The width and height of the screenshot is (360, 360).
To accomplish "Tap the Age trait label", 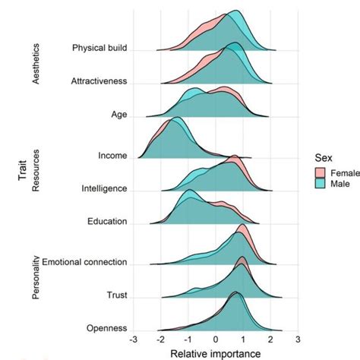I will (118, 115).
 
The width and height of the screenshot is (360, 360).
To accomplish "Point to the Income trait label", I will (112, 156).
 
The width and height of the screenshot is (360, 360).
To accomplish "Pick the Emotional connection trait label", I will (84, 263).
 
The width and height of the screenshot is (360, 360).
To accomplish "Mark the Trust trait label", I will (116, 296).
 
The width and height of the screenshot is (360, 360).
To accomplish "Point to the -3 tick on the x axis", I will (134, 340).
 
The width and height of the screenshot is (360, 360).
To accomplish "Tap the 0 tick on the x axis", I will (216, 340).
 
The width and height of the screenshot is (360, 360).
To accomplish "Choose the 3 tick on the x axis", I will (298, 340).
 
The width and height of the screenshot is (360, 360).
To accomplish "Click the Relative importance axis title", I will (216, 353).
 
